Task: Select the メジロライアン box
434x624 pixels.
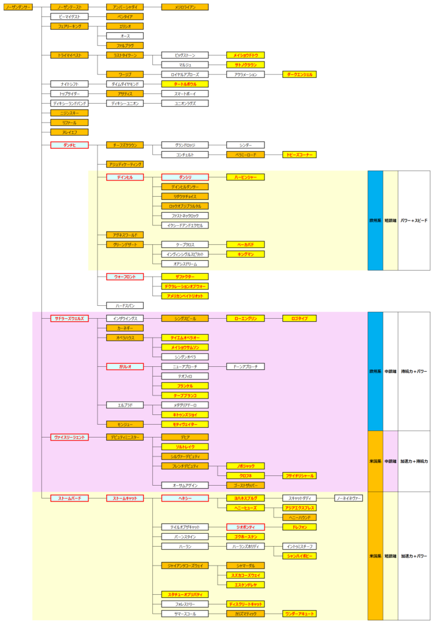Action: [x=185, y=7]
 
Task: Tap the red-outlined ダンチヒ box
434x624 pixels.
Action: [x=69, y=145]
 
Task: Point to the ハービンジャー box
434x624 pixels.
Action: [x=245, y=177]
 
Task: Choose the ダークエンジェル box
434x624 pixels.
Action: [x=299, y=74]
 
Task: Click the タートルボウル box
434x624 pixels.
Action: [x=185, y=84]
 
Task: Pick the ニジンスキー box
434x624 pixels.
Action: [x=69, y=113]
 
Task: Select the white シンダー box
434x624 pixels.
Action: [x=245, y=145]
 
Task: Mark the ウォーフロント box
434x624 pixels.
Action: [x=124, y=277]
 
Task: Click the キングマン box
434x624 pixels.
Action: [x=245, y=254]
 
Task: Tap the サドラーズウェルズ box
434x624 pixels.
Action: [x=69, y=318]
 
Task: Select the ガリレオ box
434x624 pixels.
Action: [x=124, y=366]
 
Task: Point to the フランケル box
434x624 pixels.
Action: [x=185, y=386]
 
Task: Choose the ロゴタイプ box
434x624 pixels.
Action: [x=299, y=318]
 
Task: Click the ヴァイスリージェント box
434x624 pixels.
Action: [x=69, y=437]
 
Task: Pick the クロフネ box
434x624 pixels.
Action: [x=245, y=475]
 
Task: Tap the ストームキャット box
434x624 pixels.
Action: [x=124, y=498]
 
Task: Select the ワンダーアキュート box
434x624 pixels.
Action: [x=299, y=614]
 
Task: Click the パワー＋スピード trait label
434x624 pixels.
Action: [x=414, y=220]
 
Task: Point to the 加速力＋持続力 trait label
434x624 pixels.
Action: [x=414, y=461]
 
